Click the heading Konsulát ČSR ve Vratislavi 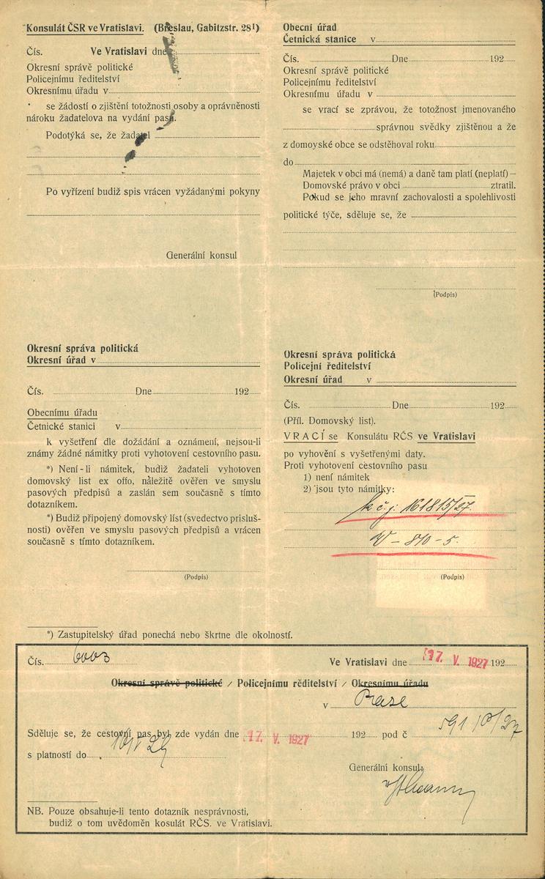86,29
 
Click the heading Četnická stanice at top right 320,40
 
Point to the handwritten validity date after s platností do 136,753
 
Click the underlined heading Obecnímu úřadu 62,412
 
